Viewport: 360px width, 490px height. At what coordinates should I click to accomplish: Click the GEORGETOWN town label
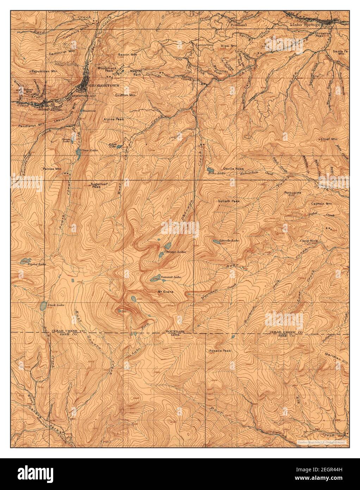pyautogui.click(x=100, y=86)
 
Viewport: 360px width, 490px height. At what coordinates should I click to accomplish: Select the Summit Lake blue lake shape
pyautogui.click(x=155, y=278)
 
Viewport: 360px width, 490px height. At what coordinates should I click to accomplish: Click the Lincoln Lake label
pyautogui.click(x=227, y=241)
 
